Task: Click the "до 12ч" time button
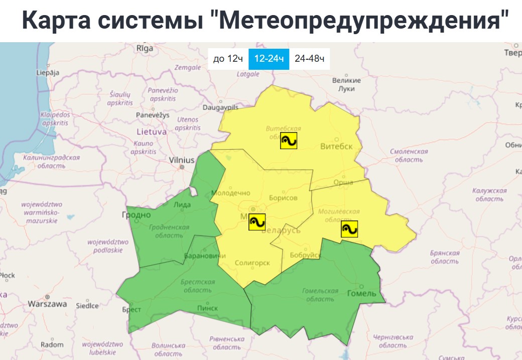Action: (x=228, y=59)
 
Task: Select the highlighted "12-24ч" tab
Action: (x=269, y=59)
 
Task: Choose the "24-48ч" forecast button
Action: (x=309, y=59)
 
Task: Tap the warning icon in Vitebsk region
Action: (x=289, y=141)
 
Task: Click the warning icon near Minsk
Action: (x=256, y=222)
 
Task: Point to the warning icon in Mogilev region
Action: (x=349, y=228)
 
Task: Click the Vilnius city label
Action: (x=182, y=160)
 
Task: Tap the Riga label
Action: (x=145, y=48)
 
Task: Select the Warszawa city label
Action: (x=47, y=304)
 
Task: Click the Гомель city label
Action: (x=361, y=293)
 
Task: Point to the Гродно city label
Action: (x=136, y=215)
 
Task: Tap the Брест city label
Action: (x=132, y=309)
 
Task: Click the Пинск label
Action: (x=208, y=308)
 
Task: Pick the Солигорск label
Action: (x=252, y=263)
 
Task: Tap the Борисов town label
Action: (x=283, y=198)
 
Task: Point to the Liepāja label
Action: (x=48, y=72)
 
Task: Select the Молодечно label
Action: (x=230, y=193)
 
